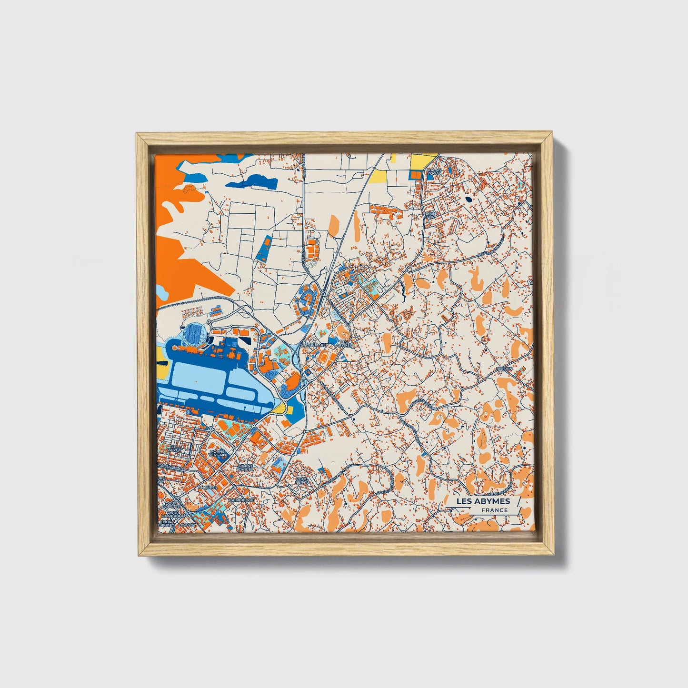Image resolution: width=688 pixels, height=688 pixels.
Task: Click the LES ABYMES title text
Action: [483, 501]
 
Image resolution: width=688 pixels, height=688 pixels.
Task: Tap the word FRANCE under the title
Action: [494, 510]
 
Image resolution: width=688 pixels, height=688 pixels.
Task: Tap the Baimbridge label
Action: [241, 501]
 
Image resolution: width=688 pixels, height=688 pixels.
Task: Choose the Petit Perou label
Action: [302, 480]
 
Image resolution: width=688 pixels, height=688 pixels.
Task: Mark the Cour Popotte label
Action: [170, 505]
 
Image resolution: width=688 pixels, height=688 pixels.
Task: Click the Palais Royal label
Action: [434, 171]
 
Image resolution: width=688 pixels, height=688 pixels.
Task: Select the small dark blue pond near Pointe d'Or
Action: [469, 199]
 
